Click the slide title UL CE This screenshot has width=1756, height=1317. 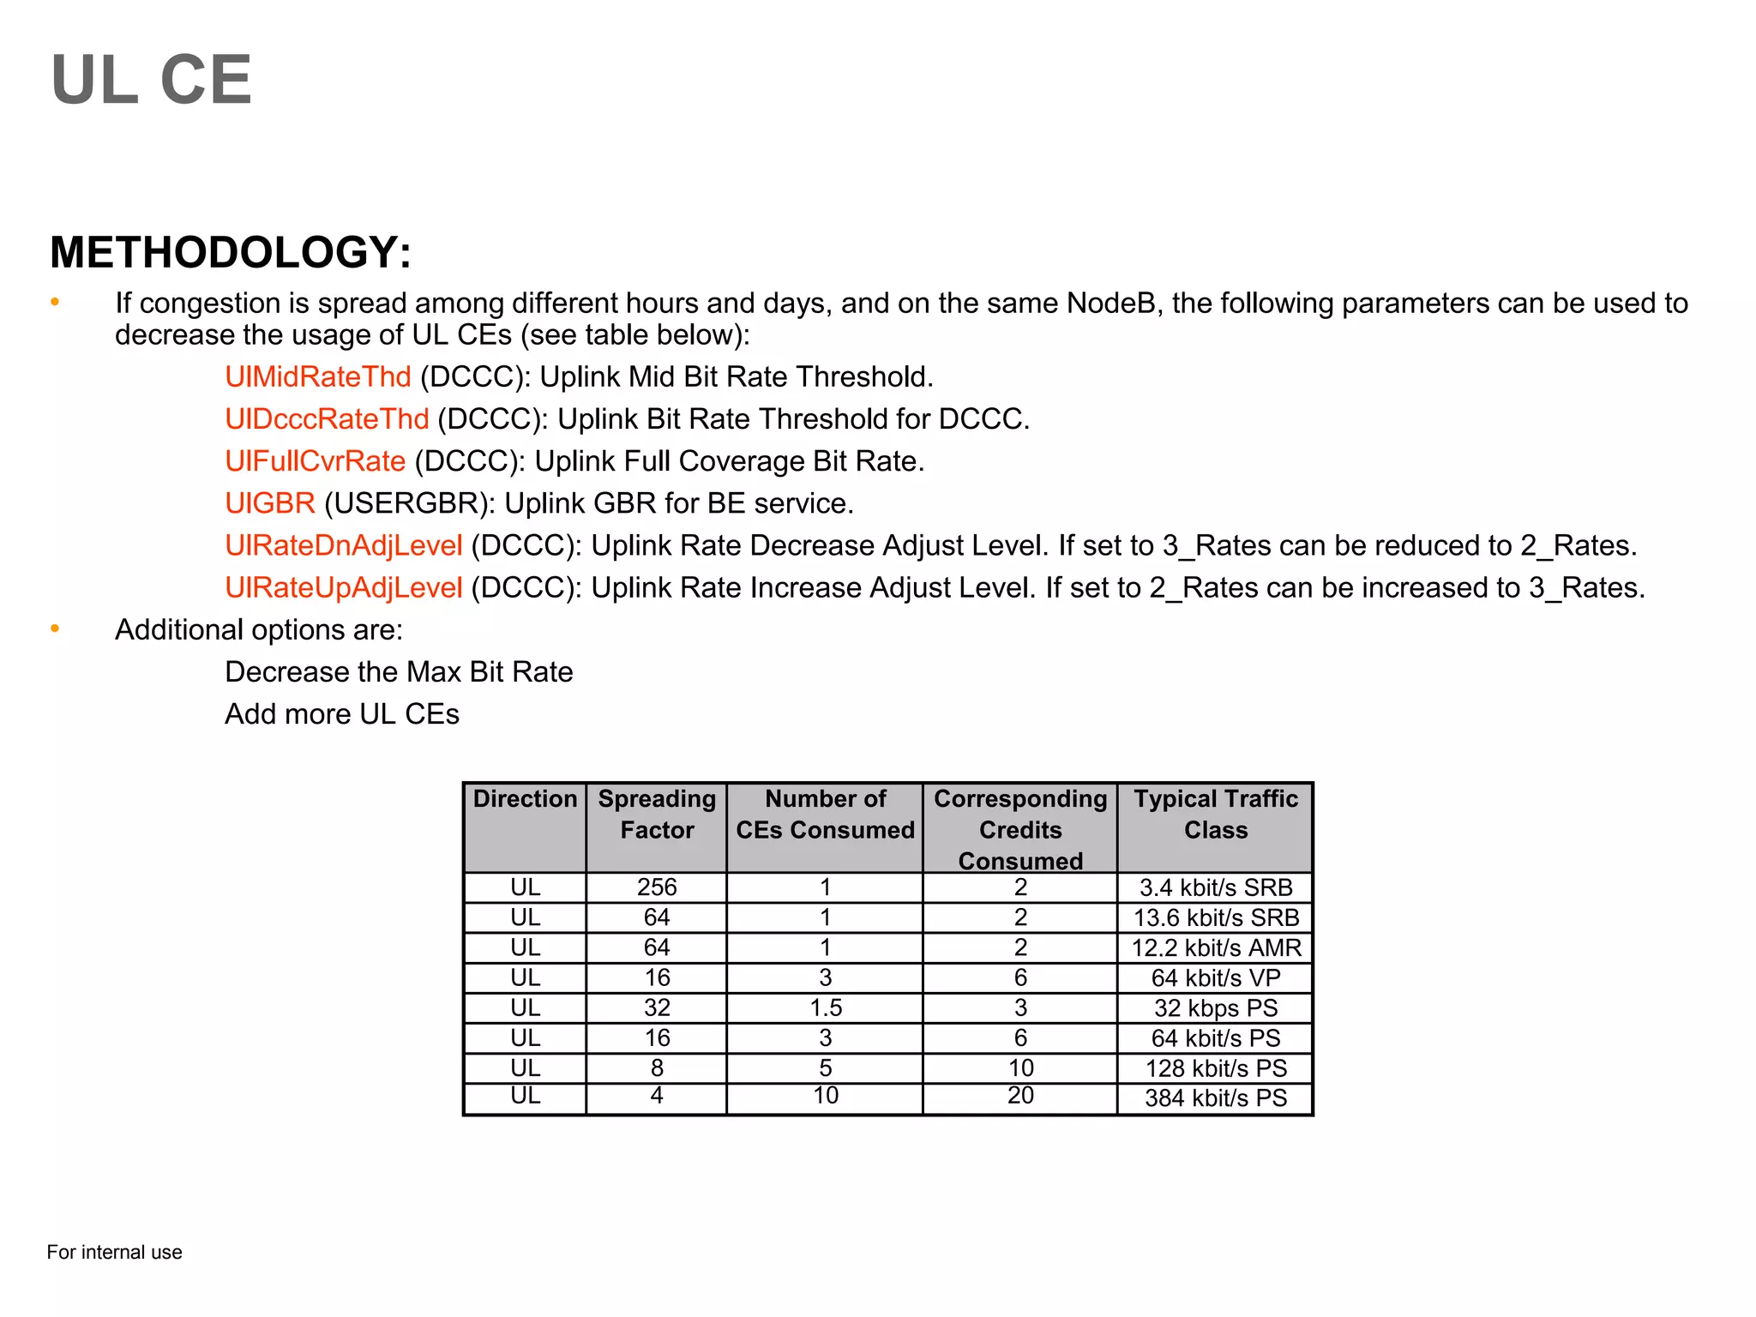coord(152,80)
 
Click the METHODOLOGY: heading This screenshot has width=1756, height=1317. coord(231,252)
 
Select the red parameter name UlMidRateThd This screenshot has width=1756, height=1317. coord(318,377)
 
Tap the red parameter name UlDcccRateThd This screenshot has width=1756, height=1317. coord(327,419)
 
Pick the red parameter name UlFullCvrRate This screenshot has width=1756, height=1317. coord(315,461)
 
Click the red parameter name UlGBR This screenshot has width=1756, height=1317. coord(270,503)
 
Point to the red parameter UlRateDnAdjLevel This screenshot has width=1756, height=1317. coord(343,545)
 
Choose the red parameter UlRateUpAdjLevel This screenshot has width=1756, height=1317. coord(343,587)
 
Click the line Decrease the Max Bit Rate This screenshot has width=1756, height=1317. coord(399,672)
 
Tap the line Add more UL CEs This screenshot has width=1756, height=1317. coord(342,714)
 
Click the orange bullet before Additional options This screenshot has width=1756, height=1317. coord(55,629)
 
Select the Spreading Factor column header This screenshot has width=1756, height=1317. coord(657,815)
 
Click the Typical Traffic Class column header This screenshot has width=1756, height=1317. coord(1215,815)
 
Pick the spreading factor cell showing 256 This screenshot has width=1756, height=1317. coord(657,887)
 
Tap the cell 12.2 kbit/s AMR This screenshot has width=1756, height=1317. coord(1215,948)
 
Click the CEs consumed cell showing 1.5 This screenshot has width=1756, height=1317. coord(825,1008)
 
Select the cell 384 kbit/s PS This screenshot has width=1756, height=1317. coord(1215,1098)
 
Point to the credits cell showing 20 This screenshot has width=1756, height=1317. coord(1019,1096)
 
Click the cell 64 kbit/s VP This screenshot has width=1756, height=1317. coord(1215,978)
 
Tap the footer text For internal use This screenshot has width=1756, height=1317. coord(114,1253)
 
